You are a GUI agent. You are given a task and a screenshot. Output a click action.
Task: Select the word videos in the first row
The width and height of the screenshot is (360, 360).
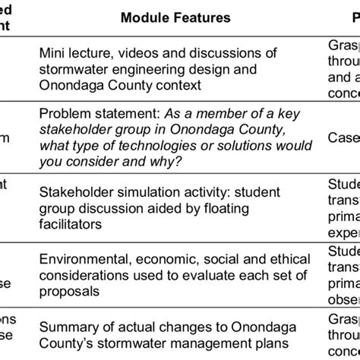click(131, 53)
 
